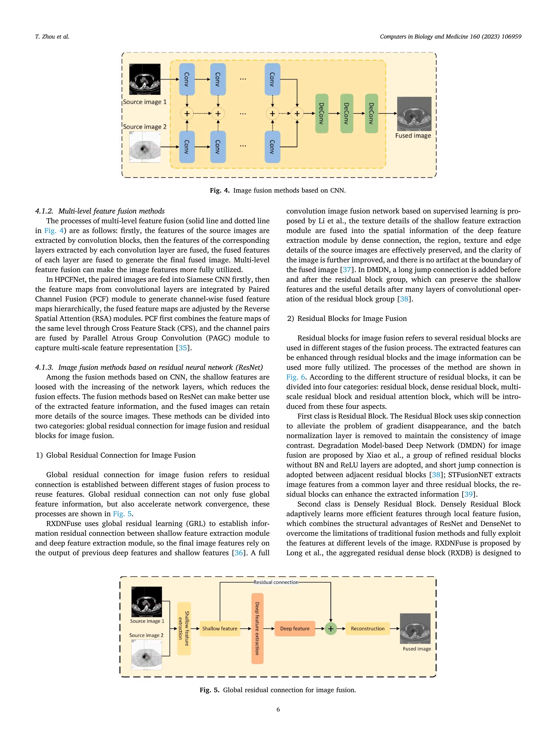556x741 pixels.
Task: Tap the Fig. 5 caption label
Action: click(x=210, y=690)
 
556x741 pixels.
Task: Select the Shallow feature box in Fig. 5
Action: click(x=220, y=629)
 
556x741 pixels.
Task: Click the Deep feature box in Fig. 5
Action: click(x=295, y=629)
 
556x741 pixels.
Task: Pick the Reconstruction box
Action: click(x=368, y=629)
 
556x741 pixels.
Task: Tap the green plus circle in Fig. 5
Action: click(x=331, y=629)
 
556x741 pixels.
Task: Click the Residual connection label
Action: click(x=276, y=583)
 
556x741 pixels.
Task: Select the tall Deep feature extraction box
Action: click(x=257, y=628)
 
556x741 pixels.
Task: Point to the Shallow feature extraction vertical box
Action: click(x=184, y=628)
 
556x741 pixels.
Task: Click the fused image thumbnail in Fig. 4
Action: click(x=414, y=114)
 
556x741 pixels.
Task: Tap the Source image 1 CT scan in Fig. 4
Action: click(x=145, y=79)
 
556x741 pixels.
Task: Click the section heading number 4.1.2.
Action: click(x=44, y=211)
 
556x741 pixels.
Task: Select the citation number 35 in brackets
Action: click(x=183, y=348)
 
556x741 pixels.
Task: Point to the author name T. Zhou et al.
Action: click(x=52, y=37)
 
